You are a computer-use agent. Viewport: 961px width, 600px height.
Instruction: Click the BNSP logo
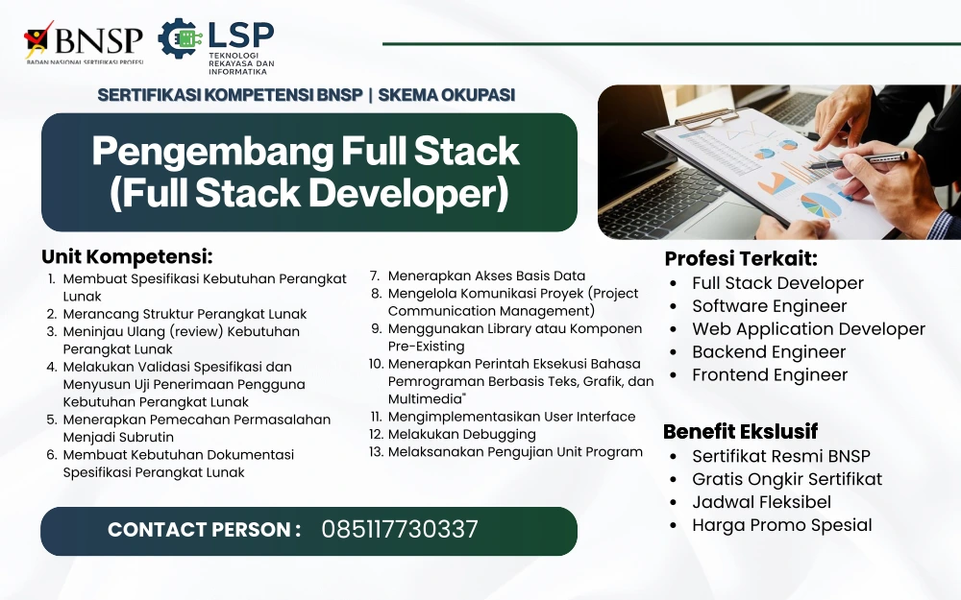pyautogui.click(x=84, y=43)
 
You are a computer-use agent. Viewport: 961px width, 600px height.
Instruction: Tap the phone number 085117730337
pyautogui.click(x=400, y=530)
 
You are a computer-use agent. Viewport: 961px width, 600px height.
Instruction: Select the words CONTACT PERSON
pyautogui.click(x=199, y=530)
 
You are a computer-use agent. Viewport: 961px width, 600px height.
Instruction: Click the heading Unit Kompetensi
pyautogui.click(x=127, y=256)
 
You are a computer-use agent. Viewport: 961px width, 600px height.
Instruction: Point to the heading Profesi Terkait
pyautogui.click(x=741, y=259)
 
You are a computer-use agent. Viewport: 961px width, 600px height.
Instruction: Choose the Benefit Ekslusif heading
pyautogui.click(x=740, y=432)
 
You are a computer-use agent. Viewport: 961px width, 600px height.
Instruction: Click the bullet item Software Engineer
pyautogui.click(x=769, y=306)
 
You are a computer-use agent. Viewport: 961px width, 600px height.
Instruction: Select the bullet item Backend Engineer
pyautogui.click(x=769, y=352)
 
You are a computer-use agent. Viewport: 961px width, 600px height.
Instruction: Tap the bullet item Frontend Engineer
pyautogui.click(x=770, y=374)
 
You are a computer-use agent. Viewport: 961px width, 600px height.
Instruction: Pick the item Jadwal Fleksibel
pyautogui.click(x=762, y=502)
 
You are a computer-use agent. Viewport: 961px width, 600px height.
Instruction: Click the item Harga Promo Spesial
pyautogui.click(x=782, y=525)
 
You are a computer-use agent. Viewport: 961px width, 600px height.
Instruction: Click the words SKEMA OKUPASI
pyautogui.click(x=446, y=95)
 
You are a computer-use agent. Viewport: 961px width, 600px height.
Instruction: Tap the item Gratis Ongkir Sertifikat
pyautogui.click(x=787, y=479)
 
